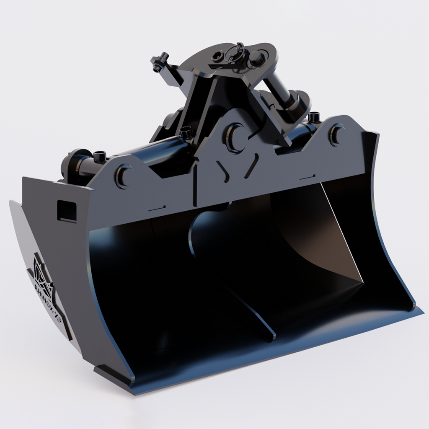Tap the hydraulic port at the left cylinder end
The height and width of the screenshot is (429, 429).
(x=99, y=157)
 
